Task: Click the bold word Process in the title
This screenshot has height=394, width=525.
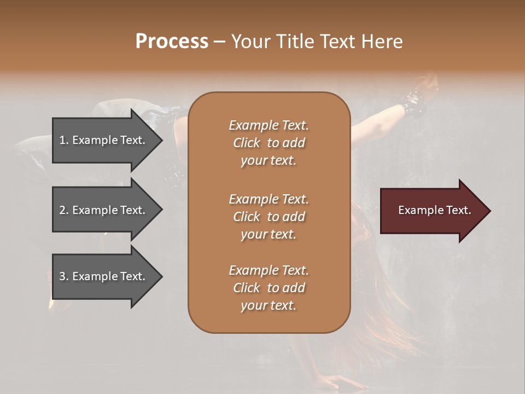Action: click(x=172, y=41)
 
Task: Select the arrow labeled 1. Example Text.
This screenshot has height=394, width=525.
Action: click(x=104, y=140)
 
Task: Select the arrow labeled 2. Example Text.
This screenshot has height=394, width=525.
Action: click(x=104, y=210)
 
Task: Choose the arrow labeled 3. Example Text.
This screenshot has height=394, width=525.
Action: click(x=104, y=276)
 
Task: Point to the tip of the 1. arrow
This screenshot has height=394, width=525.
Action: click(x=161, y=140)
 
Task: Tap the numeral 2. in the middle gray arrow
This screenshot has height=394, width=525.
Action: click(x=65, y=210)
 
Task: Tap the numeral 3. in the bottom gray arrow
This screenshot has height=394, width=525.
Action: click(x=65, y=276)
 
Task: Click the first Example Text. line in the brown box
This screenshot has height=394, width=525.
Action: click(x=269, y=125)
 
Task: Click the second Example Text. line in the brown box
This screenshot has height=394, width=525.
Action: click(x=269, y=199)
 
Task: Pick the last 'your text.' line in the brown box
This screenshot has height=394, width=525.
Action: click(x=269, y=306)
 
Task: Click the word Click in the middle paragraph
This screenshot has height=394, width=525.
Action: click(x=246, y=217)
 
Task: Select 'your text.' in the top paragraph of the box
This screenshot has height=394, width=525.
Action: click(x=269, y=161)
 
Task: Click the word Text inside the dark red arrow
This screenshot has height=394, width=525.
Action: click(x=459, y=210)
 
